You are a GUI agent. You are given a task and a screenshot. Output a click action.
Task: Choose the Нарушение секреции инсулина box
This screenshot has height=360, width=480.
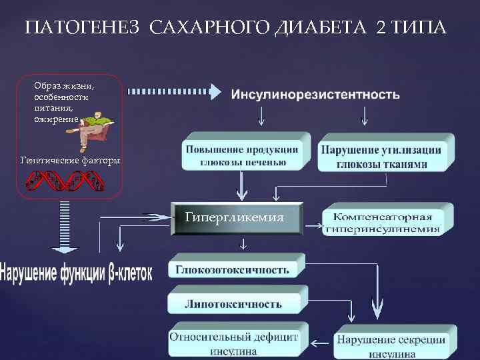tap(391, 345)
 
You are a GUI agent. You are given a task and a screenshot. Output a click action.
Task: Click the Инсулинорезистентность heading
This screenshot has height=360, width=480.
tap(315, 94)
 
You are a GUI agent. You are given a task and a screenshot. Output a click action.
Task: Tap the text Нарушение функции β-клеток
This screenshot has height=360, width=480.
tap(76, 273)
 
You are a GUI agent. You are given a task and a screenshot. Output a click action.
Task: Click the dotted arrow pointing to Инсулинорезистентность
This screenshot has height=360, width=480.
tap(174, 90)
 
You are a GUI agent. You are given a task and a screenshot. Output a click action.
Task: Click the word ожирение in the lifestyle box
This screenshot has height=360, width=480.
tap(57, 119)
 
